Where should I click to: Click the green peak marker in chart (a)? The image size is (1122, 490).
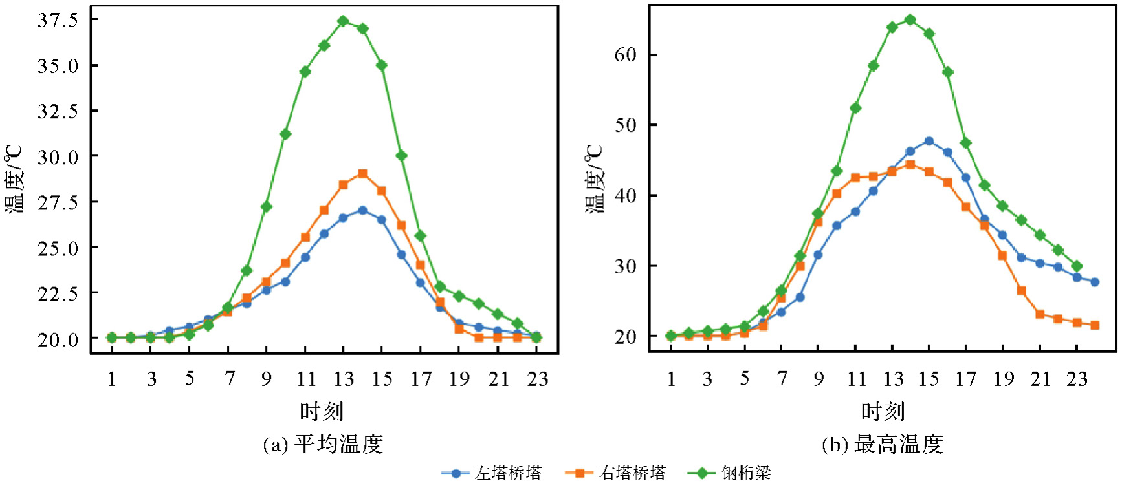[343, 21]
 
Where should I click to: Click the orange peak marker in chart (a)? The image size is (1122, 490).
[362, 174]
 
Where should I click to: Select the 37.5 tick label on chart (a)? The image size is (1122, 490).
[58, 20]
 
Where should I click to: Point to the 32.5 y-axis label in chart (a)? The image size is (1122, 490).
[58, 111]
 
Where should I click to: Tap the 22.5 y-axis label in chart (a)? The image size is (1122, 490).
[58, 293]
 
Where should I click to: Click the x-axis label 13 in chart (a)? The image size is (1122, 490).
[344, 379]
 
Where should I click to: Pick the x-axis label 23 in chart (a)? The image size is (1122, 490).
[537, 379]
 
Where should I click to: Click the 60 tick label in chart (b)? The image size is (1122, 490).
[626, 55]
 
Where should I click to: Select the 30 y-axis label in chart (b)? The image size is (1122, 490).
[626, 266]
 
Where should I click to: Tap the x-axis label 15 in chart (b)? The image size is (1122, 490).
[929, 379]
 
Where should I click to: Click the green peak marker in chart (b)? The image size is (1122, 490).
[910, 19]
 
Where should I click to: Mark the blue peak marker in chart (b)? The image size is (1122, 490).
[929, 141]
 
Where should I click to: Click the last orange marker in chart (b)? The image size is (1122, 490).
[1095, 325]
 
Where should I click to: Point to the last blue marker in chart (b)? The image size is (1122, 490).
[1095, 282]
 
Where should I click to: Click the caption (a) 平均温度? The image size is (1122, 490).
[323, 445]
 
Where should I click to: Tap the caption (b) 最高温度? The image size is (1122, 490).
[882, 445]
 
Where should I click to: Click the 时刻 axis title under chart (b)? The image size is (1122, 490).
[882, 411]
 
